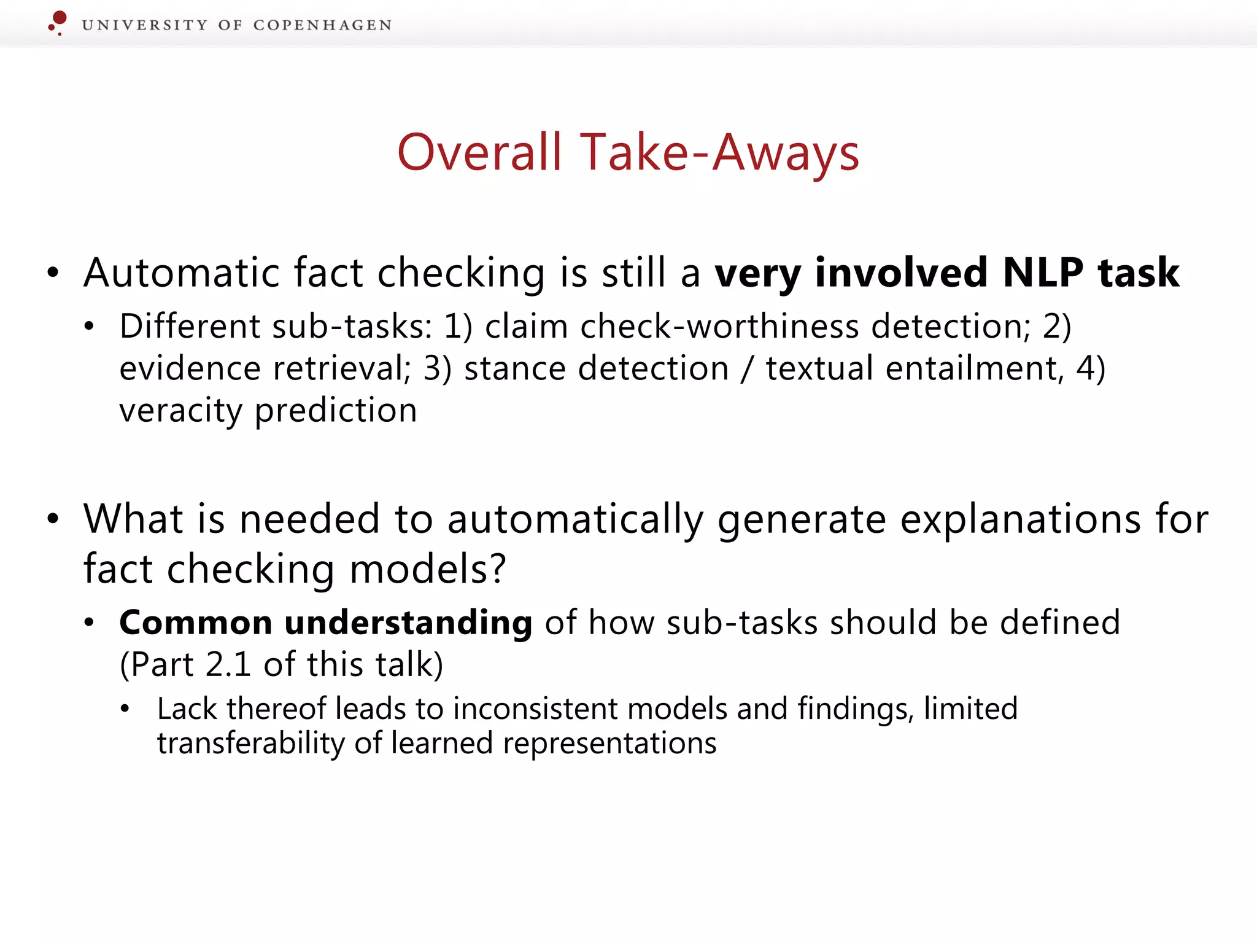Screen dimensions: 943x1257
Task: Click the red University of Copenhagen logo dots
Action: click(x=58, y=22)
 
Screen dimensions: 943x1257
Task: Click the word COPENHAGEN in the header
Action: click(x=322, y=25)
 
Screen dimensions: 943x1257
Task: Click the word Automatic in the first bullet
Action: click(x=181, y=273)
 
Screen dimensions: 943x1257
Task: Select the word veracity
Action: click(x=180, y=411)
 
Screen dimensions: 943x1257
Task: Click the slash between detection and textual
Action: click(x=746, y=368)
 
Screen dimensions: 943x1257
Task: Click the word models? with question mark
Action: click(x=428, y=569)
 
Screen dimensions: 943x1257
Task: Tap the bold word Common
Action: click(x=196, y=623)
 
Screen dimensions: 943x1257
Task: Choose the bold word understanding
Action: click(x=408, y=623)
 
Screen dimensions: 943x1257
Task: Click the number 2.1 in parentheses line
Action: click(x=228, y=665)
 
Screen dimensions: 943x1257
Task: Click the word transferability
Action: click(x=250, y=743)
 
